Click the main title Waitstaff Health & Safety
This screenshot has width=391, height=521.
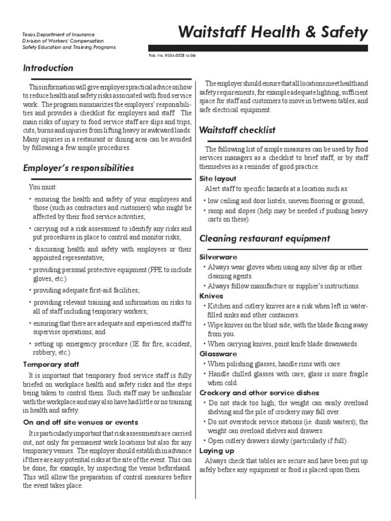pos(272,33)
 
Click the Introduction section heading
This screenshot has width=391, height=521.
pos(48,68)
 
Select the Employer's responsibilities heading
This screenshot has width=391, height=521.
pos(78,168)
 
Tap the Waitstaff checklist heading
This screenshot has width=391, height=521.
pos(237,130)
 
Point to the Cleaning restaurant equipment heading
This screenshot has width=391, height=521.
pos(265,239)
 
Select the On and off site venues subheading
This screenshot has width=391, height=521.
pos(80,422)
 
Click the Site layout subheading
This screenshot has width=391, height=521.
pos(218,179)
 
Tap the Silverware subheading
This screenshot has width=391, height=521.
pos(218,257)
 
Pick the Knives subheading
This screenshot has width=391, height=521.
pos(211,296)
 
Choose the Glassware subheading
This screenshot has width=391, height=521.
pos(218,354)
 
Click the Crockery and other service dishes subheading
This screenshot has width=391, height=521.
pos(259,393)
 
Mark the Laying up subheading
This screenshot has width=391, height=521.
pos(216,451)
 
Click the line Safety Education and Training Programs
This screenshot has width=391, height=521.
pos(69,47)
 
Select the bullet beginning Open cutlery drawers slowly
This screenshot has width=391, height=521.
pos(277,441)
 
